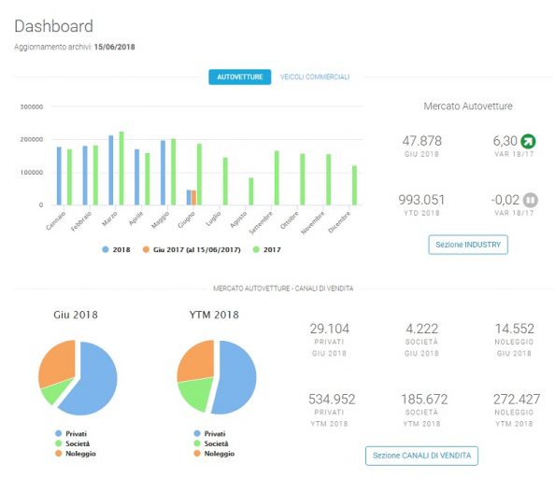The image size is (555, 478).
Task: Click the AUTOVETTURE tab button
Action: coord(239,77)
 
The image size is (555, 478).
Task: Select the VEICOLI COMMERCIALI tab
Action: coord(315,77)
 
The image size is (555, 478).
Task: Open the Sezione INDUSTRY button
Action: coord(468,245)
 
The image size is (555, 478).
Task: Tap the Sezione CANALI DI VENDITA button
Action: coord(421,456)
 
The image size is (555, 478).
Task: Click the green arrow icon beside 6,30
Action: coord(528,141)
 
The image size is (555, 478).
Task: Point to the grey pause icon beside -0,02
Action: coord(530,200)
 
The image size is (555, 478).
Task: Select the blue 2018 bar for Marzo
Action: coord(111,170)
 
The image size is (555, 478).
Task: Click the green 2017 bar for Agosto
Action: coord(251,191)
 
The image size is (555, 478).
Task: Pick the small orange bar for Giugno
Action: coord(193,198)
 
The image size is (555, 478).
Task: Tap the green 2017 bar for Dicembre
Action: coord(354,185)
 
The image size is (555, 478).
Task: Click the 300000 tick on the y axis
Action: coord(32,106)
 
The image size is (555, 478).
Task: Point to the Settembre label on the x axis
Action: coord(262,223)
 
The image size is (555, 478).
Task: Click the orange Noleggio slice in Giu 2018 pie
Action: coord(57,362)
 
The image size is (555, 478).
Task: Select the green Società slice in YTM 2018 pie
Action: coord(194,393)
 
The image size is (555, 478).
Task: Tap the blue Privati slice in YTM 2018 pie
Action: coord(235,377)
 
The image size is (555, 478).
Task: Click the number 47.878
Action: coord(421,141)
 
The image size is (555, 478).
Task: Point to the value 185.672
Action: coord(424,400)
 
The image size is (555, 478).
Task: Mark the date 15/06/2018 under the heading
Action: coord(114,47)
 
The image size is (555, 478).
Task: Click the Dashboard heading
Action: coord(54,26)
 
